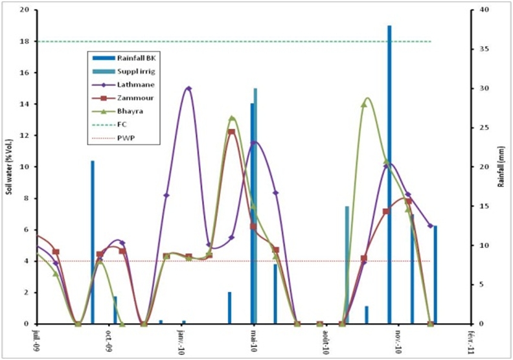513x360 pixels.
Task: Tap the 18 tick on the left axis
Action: (x=25, y=41)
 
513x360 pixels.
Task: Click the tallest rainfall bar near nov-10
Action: (x=389, y=175)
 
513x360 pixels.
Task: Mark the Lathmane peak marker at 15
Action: (x=188, y=89)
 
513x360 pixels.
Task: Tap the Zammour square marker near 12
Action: (x=231, y=132)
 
